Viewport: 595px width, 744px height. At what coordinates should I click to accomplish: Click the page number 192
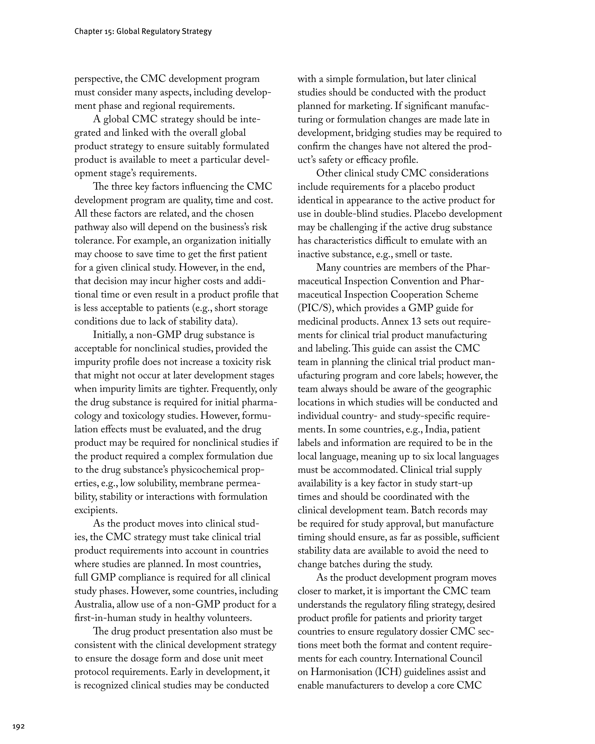(18, 727)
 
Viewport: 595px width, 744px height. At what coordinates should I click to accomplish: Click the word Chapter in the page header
(86, 31)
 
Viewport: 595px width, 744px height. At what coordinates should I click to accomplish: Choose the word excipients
(95, 510)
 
